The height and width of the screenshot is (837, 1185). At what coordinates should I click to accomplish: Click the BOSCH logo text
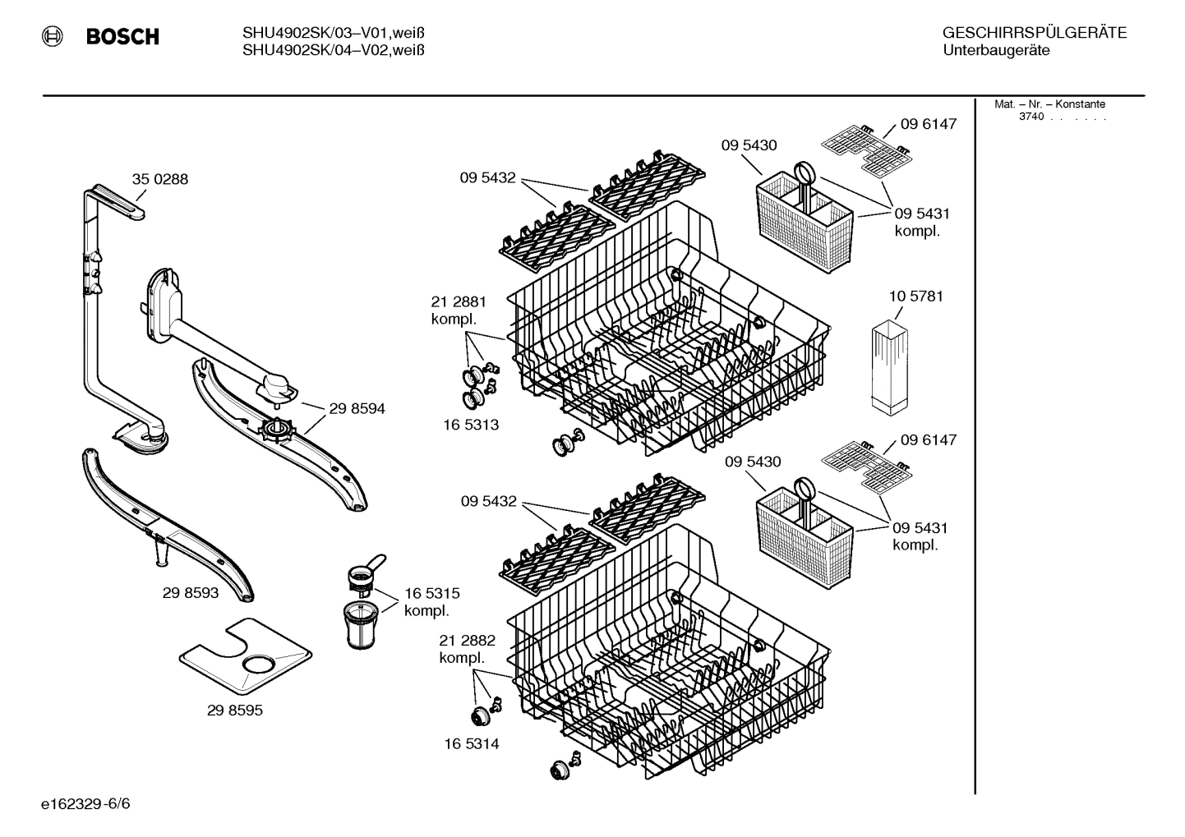tap(122, 37)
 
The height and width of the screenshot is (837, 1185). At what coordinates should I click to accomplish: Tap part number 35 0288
tap(160, 179)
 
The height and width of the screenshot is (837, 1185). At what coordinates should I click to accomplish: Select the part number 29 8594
tap(357, 408)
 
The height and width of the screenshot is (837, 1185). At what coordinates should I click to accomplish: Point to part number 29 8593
tap(191, 592)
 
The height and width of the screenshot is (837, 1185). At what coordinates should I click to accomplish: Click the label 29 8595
tap(235, 711)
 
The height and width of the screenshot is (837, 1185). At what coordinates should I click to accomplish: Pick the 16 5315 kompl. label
tap(431, 602)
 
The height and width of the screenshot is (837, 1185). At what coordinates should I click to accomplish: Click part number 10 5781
tap(915, 296)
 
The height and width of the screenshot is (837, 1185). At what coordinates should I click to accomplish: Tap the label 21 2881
tap(459, 302)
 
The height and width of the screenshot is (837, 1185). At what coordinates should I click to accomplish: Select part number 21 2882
tap(467, 641)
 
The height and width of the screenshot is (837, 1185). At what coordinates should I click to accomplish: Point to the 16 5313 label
tap(472, 425)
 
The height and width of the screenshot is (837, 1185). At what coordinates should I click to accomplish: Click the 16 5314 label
tap(472, 744)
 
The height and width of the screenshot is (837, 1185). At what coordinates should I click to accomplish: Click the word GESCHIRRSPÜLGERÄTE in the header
tap(1034, 33)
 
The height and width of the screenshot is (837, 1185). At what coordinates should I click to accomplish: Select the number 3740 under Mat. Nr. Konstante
tap(1031, 117)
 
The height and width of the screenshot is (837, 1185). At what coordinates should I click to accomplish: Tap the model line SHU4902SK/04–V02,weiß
tap(333, 51)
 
